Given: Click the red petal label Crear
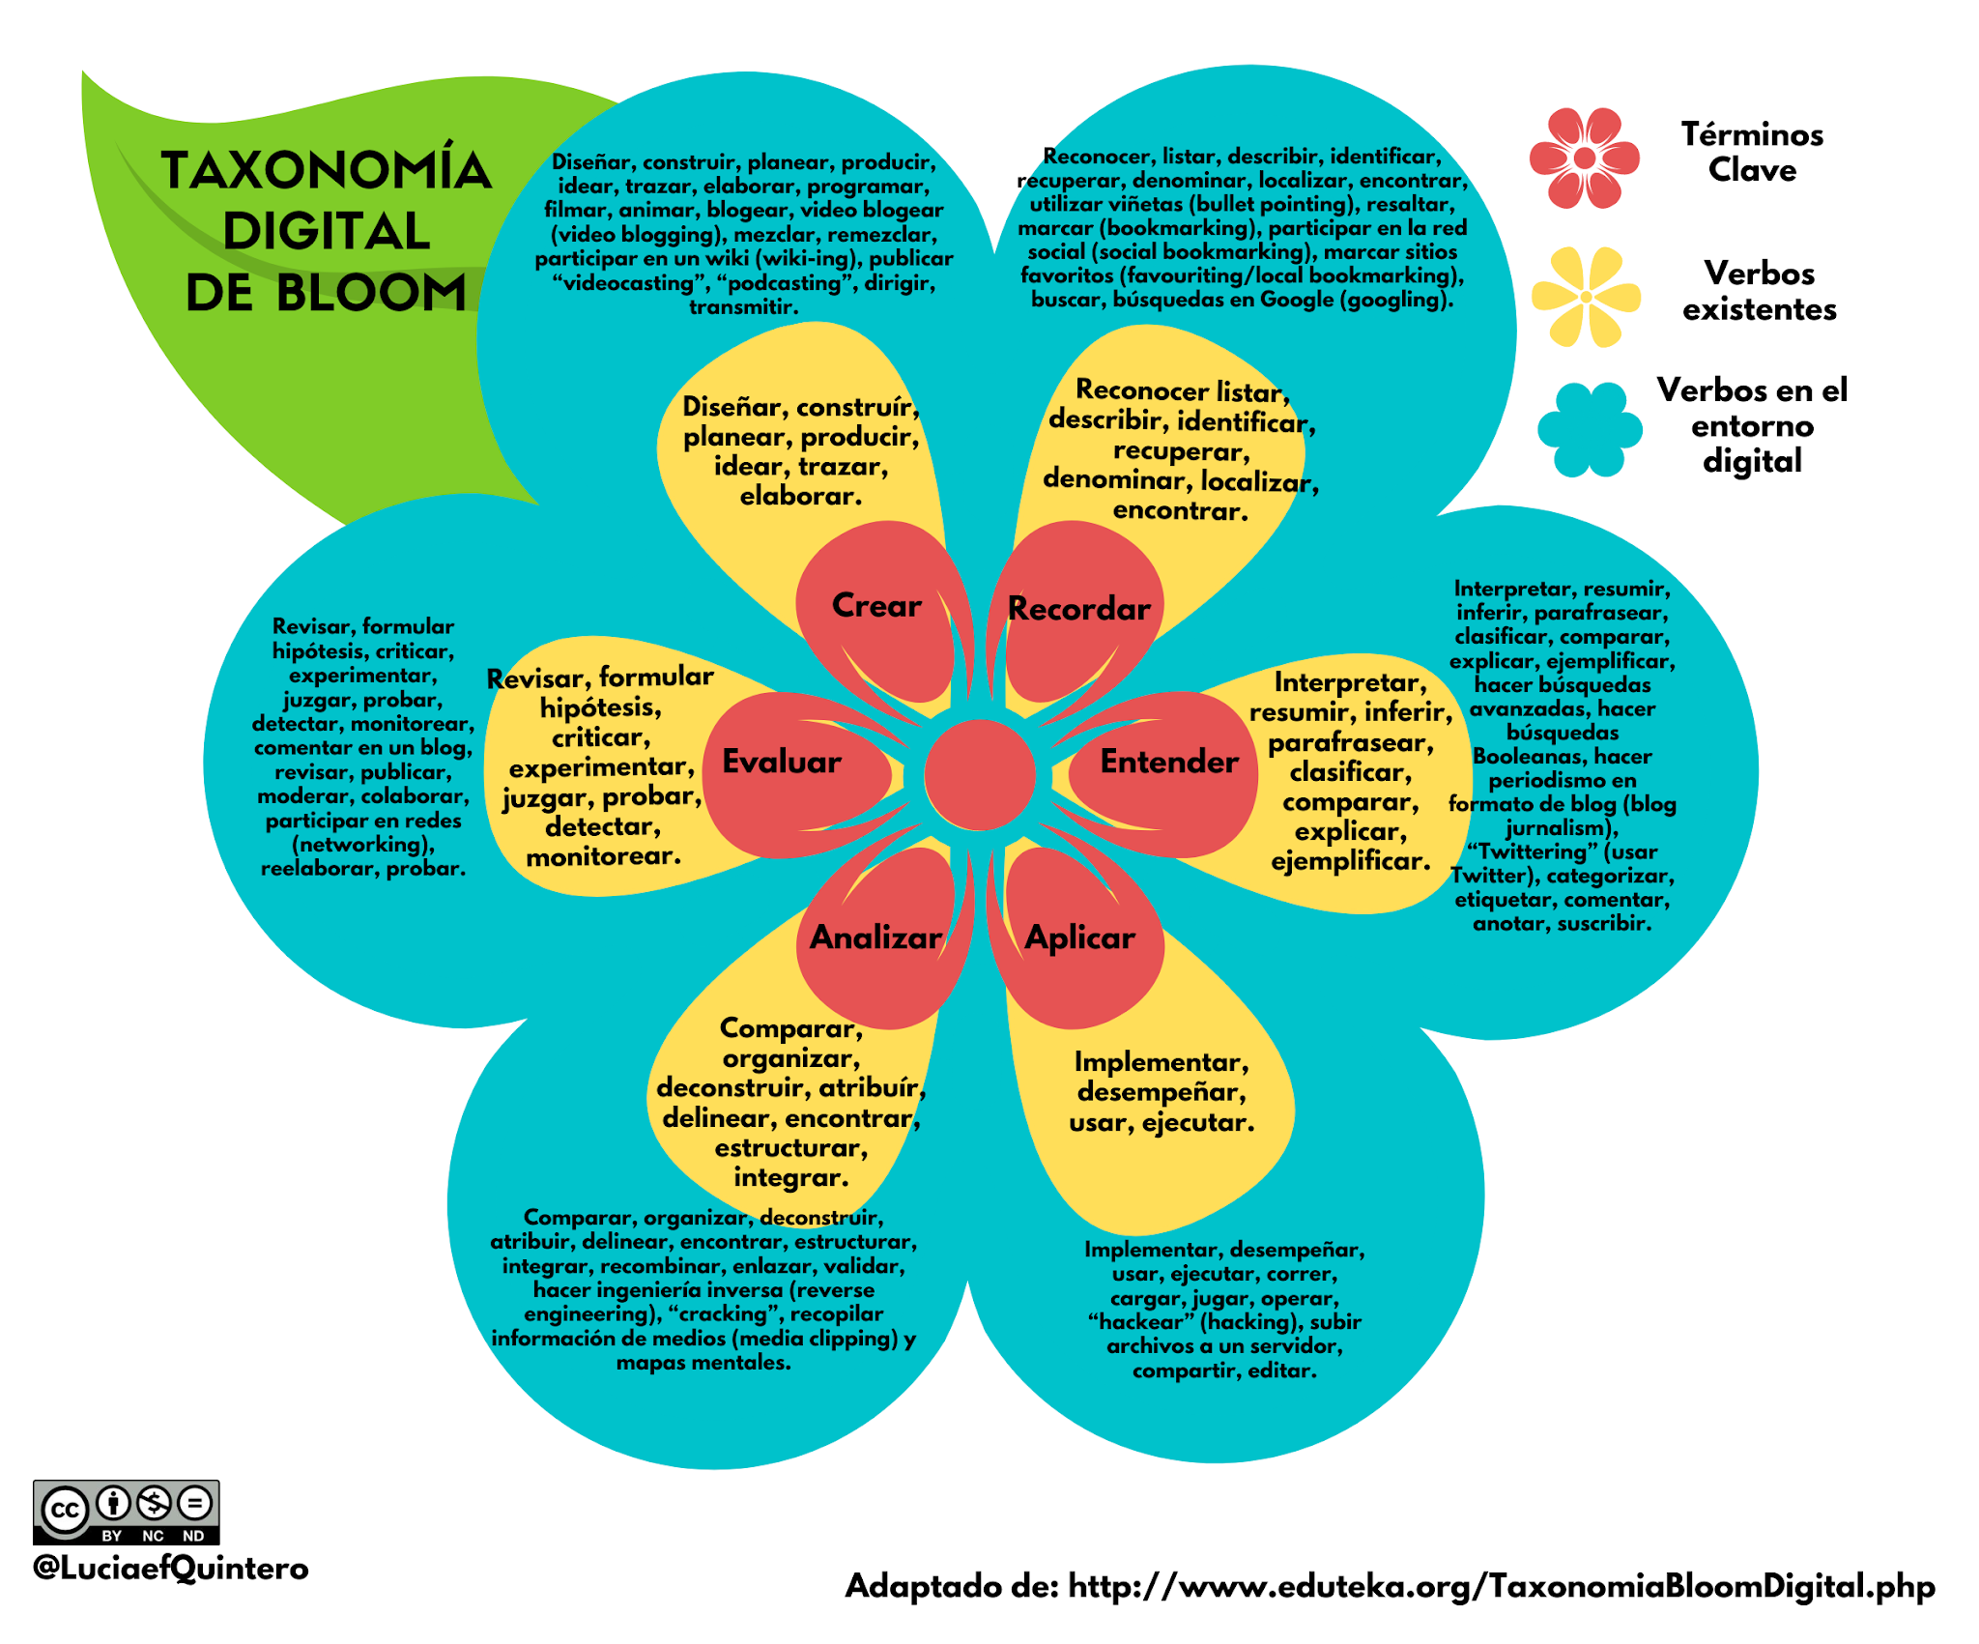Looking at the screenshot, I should pos(876,606).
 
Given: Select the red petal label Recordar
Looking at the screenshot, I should pos(1078,609).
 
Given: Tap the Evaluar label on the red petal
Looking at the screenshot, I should pos(782,762).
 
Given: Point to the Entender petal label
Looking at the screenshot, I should pos(1169,762).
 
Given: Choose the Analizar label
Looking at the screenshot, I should pos(875,937).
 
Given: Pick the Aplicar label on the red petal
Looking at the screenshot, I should pos(1079,937).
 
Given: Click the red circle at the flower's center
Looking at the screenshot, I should pos(980,774).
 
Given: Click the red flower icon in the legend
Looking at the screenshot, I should pos(1585,158).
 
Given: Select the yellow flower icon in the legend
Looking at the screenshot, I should pos(1586,296).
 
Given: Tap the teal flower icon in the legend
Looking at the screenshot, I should pos(1590,429).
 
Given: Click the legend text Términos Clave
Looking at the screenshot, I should pos(1752,152).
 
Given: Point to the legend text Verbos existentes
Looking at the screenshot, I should pos(1759,291).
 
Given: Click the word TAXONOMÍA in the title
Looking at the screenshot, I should pos(327,170).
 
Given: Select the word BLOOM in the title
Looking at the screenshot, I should pos(371,293).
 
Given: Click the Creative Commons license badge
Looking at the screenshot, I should pos(127,1512).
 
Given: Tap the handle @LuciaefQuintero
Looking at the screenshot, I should pos(170,1568).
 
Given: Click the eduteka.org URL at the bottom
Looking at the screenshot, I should pos(1501,1586).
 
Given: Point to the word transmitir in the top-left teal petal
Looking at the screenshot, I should pos(743,307).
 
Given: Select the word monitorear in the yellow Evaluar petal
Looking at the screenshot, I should pos(603,856).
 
